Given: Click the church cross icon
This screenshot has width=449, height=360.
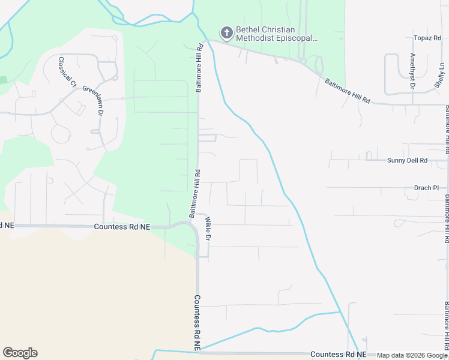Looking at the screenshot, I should (x=227, y=32).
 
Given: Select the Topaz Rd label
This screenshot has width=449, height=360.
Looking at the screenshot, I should (x=427, y=38).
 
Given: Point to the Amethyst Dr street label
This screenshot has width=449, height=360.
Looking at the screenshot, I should (x=412, y=71).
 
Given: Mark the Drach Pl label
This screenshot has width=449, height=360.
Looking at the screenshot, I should (x=427, y=188).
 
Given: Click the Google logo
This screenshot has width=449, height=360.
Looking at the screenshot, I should (x=20, y=353).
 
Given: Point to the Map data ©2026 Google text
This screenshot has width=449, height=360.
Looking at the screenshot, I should (x=411, y=355).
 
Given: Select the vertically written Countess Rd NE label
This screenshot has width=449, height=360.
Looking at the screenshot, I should (x=197, y=323).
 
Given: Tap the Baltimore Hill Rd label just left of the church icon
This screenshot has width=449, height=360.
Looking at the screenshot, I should (x=199, y=67).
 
